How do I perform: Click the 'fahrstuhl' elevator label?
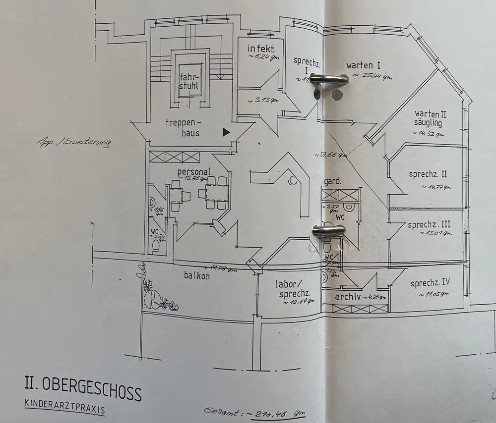(x=189, y=81)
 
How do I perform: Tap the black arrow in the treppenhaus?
(x=226, y=132)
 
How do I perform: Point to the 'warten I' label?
(x=364, y=65)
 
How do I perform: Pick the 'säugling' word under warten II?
(x=428, y=123)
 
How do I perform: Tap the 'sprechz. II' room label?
(x=428, y=174)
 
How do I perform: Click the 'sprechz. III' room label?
(x=429, y=225)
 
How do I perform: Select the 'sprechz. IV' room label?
(x=430, y=283)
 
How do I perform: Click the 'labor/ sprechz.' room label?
(x=293, y=289)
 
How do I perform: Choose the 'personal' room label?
(x=194, y=171)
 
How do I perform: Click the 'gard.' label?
(x=333, y=182)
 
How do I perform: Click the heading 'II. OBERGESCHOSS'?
(x=83, y=387)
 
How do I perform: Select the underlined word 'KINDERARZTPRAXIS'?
(x=64, y=405)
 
